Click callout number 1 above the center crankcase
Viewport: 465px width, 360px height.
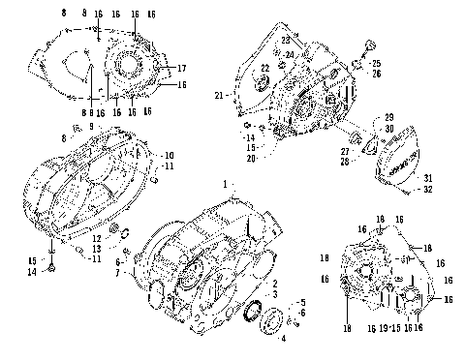point(227,183)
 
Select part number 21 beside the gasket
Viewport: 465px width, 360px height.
point(219,95)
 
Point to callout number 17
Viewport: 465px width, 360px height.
point(182,68)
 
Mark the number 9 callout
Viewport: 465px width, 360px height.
point(91,126)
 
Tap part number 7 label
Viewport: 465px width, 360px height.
point(119,274)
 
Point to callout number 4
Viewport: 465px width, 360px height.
point(282,338)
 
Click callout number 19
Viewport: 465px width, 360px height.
point(385,330)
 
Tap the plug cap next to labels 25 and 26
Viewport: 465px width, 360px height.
point(368,45)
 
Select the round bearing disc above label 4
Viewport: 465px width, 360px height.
point(290,317)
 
